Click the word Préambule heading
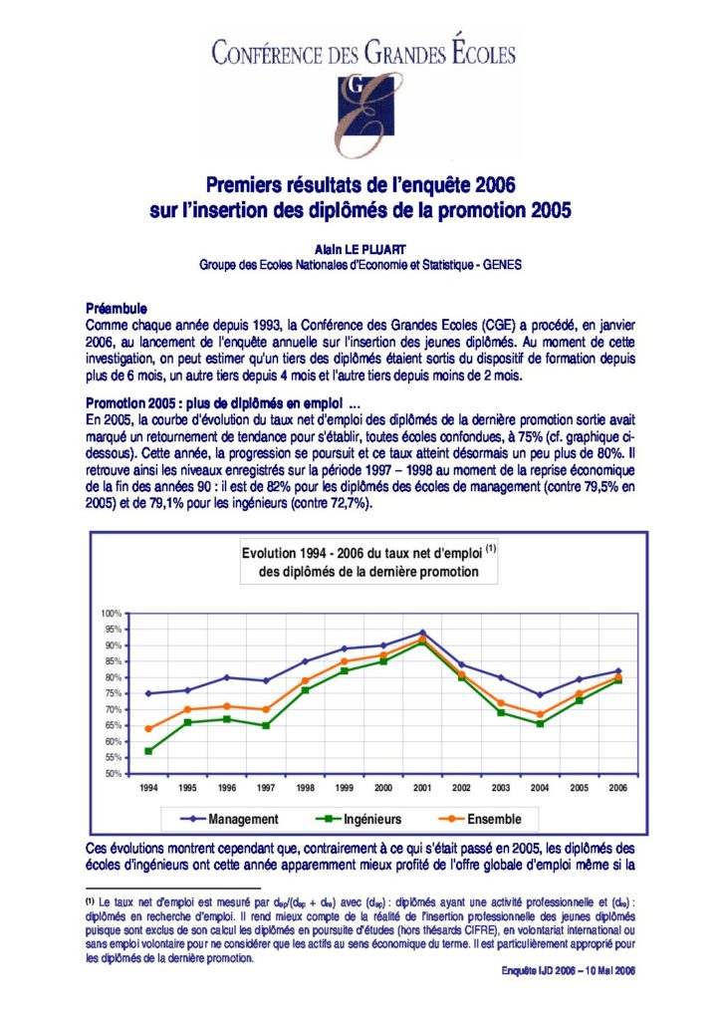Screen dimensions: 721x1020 click(x=117, y=309)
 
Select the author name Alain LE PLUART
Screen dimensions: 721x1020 click(x=360, y=250)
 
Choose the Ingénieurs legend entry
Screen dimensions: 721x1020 click(x=359, y=819)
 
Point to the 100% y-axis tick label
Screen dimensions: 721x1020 click(x=112, y=614)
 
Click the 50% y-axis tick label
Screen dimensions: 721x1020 click(x=114, y=773)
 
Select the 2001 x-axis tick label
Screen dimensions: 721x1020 click(x=422, y=788)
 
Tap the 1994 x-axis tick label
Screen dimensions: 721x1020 click(x=149, y=788)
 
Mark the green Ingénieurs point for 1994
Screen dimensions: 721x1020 click(x=149, y=751)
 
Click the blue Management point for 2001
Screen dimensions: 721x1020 click(x=422, y=633)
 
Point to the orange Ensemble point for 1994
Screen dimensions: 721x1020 click(x=149, y=728)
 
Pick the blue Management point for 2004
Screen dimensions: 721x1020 click(x=540, y=694)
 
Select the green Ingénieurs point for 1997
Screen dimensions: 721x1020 click(x=266, y=725)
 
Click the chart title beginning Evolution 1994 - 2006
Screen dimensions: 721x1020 click(x=368, y=562)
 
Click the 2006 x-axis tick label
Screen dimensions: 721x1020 click(x=617, y=788)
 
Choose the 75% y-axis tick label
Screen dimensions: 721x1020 click(x=114, y=693)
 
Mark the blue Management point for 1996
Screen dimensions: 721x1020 click(x=227, y=677)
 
